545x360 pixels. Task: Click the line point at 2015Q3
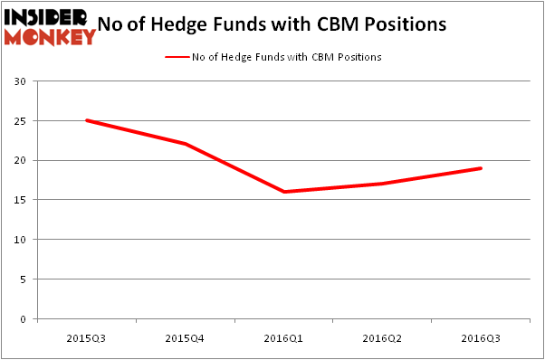pyautogui.click(x=86, y=120)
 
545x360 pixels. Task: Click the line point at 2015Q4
pyautogui.click(x=185, y=144)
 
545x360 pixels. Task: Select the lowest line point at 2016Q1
pyautogui.click(x=283, y=192)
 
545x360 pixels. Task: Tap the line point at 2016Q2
pyautogui.click(x=382, y=184)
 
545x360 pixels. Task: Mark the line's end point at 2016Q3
pyautogui.click(x=481, y=168)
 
